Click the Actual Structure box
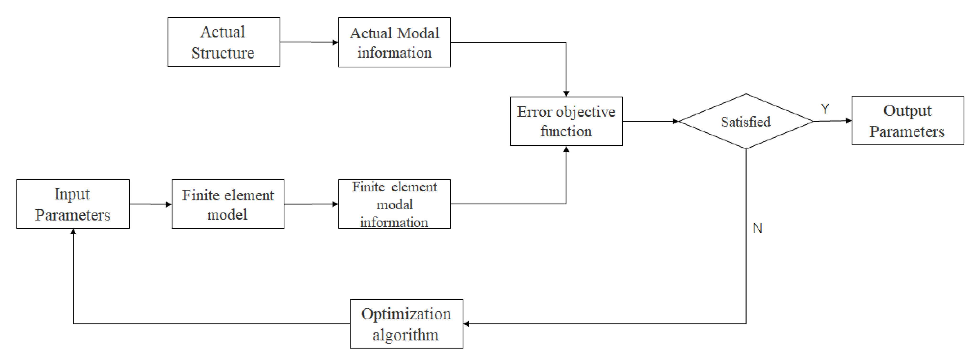pos(224,42)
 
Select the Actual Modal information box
pos(394,43)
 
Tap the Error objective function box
pos(566,121)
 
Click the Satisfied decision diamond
pos(746,121)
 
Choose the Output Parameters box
pos(907,121)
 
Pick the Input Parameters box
pos(73,204)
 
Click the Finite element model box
pos(227,204)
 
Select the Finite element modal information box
pos(394,204)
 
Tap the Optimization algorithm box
pos(406,324)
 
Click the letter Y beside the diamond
pos(825,109)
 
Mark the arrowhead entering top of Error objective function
pos(566,94)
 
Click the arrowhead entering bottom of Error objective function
pos(566,149)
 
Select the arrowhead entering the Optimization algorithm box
pos(466,324)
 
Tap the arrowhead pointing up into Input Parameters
pos(73,231)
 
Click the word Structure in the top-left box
pos(223,53)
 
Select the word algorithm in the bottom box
pos(405,335)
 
